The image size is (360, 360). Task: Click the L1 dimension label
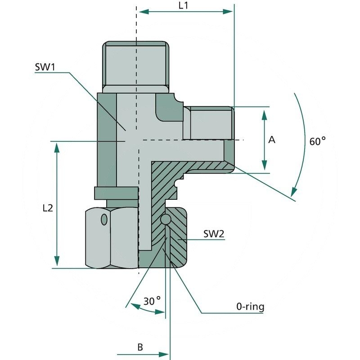(183, 5)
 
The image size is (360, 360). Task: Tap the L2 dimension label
(48, 208)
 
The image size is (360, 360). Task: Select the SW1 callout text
(45, 67)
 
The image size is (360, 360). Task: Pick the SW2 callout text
(214, 234)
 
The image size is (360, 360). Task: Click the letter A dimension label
(271, 140)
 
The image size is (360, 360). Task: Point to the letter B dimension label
(140, 347)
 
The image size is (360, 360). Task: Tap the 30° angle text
(152, 301)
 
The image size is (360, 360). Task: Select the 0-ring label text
(250, 307)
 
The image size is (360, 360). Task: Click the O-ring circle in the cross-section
(166, 220)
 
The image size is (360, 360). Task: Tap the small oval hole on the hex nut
(104, 220)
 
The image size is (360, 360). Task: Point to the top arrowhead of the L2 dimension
(57, 146)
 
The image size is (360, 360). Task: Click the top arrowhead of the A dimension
(265, 112)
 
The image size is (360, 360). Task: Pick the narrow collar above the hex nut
(116, 193)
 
